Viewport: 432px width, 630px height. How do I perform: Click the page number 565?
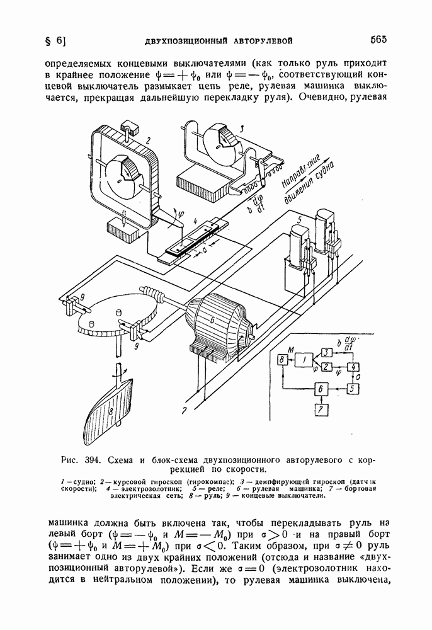click(378, 39)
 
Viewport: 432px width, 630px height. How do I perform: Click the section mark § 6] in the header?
click(56, 41)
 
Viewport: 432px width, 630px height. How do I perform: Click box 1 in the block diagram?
click(304, 360)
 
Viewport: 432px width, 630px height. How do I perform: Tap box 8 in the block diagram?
click(282, 360)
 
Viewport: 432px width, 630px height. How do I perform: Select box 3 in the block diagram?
click(327, 352)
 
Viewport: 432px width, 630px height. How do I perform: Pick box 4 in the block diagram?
click(354, 367)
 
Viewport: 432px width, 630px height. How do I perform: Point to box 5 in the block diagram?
click(353, 389)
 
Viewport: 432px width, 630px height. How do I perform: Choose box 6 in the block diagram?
click(321, 389)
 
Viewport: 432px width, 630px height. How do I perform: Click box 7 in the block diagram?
click(321, 410)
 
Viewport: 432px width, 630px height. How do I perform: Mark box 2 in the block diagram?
click(327, 367)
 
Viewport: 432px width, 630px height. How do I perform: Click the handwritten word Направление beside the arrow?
click(300, 171)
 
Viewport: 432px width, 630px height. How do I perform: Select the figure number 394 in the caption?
click(92, 460)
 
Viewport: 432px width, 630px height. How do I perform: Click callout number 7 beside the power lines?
click(184, 410)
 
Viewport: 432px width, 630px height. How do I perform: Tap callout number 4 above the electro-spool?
click(195, 221)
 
